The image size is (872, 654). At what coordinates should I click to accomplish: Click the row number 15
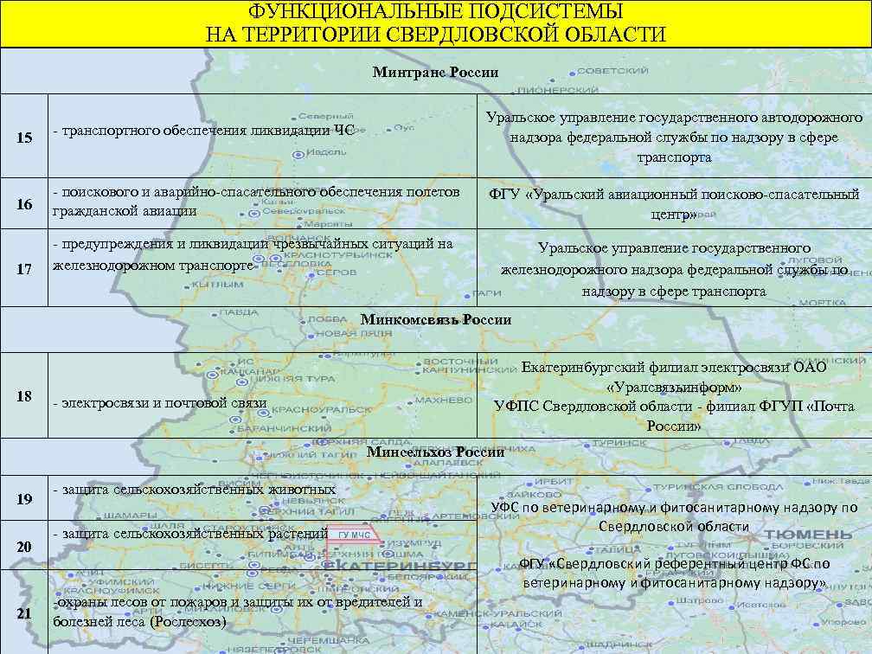click(x=24, y=138)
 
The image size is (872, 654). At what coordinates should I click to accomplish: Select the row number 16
click(x=24, y=204)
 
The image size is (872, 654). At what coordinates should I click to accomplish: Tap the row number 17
click(x=24, y=270)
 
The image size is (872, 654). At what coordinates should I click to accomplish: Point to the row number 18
click(x=24, y=396)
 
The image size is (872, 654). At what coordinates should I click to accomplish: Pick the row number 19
click(x=24, y=499)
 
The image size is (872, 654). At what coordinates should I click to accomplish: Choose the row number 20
click(x=24, y=547)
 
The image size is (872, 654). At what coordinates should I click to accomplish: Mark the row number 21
click(x=24, y=613)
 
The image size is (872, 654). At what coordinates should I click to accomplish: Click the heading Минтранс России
click(x=435, y=73)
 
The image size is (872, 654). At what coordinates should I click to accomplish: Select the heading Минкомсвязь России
click(x=435, y=319)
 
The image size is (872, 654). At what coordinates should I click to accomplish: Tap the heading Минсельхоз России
click(x=435, y=452)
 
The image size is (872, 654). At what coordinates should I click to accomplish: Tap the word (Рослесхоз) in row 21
click(x=188, y=621)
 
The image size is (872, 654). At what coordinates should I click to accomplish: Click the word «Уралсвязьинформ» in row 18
click(x=674, y=386)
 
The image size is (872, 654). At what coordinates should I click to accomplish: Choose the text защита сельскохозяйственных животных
click(x=195, y=490)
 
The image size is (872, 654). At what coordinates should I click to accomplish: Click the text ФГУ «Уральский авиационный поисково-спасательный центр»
click(x=674, y=203)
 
